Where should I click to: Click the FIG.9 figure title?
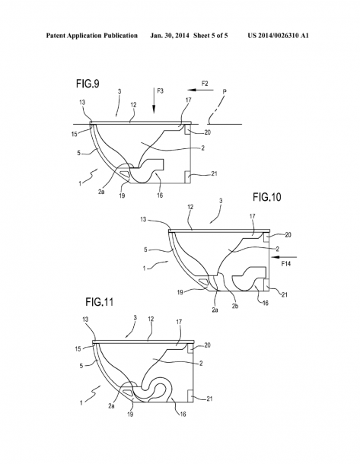(x=88, y=84)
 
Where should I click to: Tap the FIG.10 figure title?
(x=266, y=197)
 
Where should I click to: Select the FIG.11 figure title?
(x=100, y=302)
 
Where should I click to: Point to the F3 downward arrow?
(x=154, y=100)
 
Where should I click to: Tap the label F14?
(x=285, y=264)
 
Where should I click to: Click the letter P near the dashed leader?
(x=225, y=92)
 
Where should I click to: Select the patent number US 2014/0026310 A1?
(x=279, y=36)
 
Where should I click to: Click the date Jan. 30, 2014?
(x=169, y=36)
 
